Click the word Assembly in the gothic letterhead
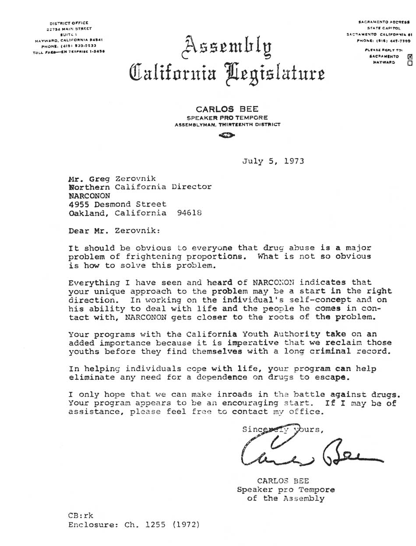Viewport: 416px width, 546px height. tap(227, 48)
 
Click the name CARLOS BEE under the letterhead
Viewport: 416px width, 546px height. tap(227, 109)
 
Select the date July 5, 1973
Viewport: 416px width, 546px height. tap(273, 161)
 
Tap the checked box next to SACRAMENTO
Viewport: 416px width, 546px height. tap(410, 57)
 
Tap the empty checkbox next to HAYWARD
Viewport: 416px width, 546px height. tap(410, 63)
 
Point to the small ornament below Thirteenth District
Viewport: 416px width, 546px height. tap(227, 135)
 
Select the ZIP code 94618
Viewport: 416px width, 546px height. tap(190, 213)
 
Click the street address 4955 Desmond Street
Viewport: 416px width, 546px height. tap(117, 204)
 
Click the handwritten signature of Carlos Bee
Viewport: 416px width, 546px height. tap(307, 454)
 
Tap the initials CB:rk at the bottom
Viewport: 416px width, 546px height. tap(81, 515)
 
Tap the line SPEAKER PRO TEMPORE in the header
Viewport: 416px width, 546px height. tap(227, 118)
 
